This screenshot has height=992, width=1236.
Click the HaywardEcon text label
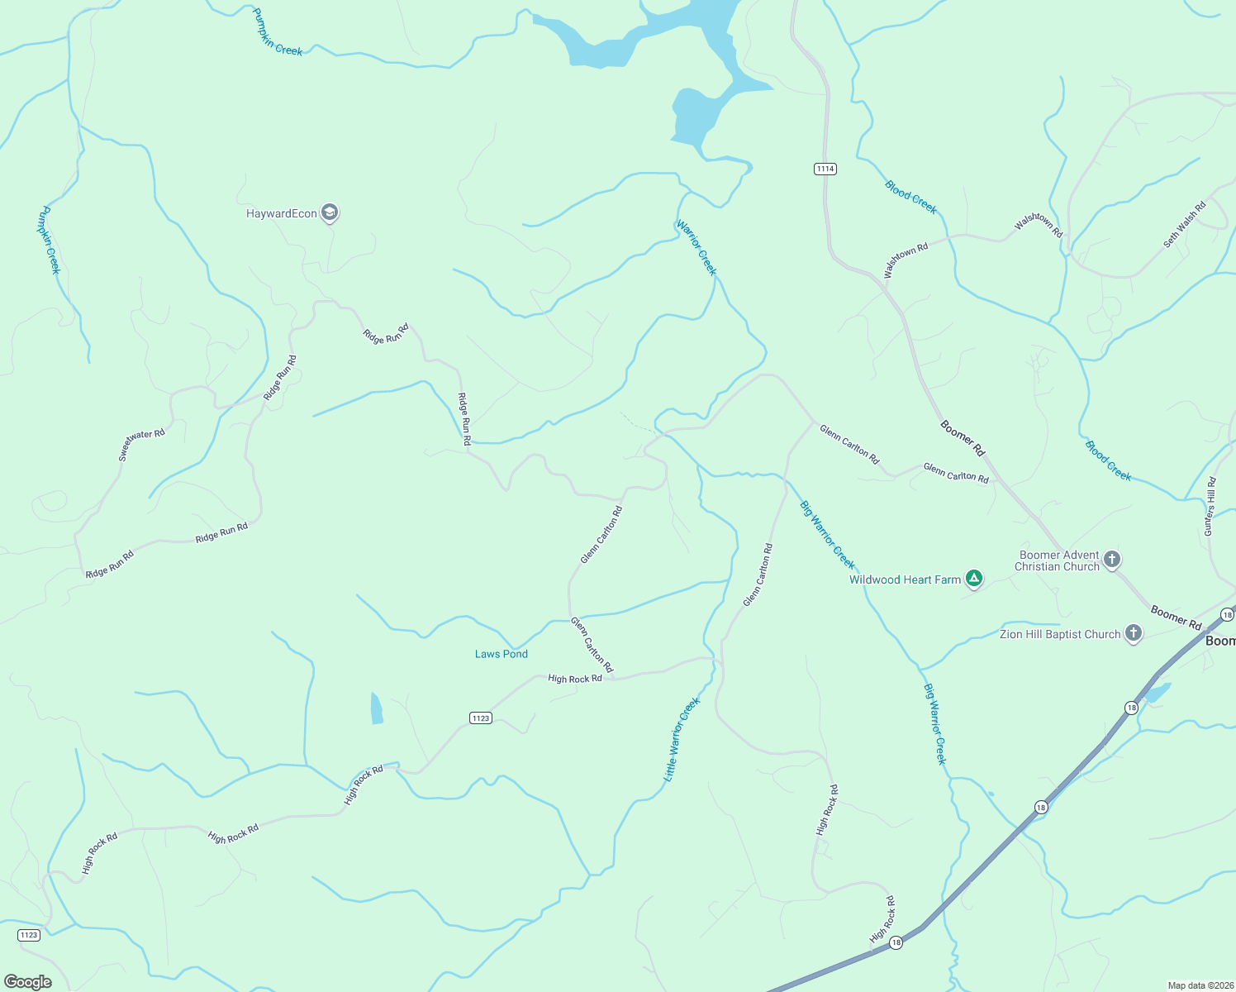(282, 213)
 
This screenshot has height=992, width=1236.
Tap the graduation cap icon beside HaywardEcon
(330, 213)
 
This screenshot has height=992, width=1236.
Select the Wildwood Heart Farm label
(905, 579)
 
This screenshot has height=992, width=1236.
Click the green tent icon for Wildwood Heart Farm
(974, 579)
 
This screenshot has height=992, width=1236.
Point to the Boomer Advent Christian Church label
(1058, 560)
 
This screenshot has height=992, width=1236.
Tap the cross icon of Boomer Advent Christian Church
(1112, 560)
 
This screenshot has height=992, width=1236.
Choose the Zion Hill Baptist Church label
(1060, 634)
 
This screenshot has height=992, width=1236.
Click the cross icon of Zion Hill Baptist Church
(1134, 634)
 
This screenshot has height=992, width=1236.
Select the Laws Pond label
(501, 654)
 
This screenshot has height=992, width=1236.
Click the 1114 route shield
(825, 169)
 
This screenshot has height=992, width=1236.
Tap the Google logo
(28, 982)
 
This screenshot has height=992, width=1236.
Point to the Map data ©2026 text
(1200, 985)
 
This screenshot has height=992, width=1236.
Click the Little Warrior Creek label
(682, 739)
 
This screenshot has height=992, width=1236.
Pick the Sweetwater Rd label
(141, 445)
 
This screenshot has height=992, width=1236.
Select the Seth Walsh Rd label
(1185, 224)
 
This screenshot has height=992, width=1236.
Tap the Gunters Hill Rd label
(1210, 506)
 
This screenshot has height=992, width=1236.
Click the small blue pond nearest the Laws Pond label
(377, 708)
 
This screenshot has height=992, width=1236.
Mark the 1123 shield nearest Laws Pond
(481, 718)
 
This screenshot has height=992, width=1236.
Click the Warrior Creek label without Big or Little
(696, 247)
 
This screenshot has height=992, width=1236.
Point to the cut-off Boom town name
(1220, 641)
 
